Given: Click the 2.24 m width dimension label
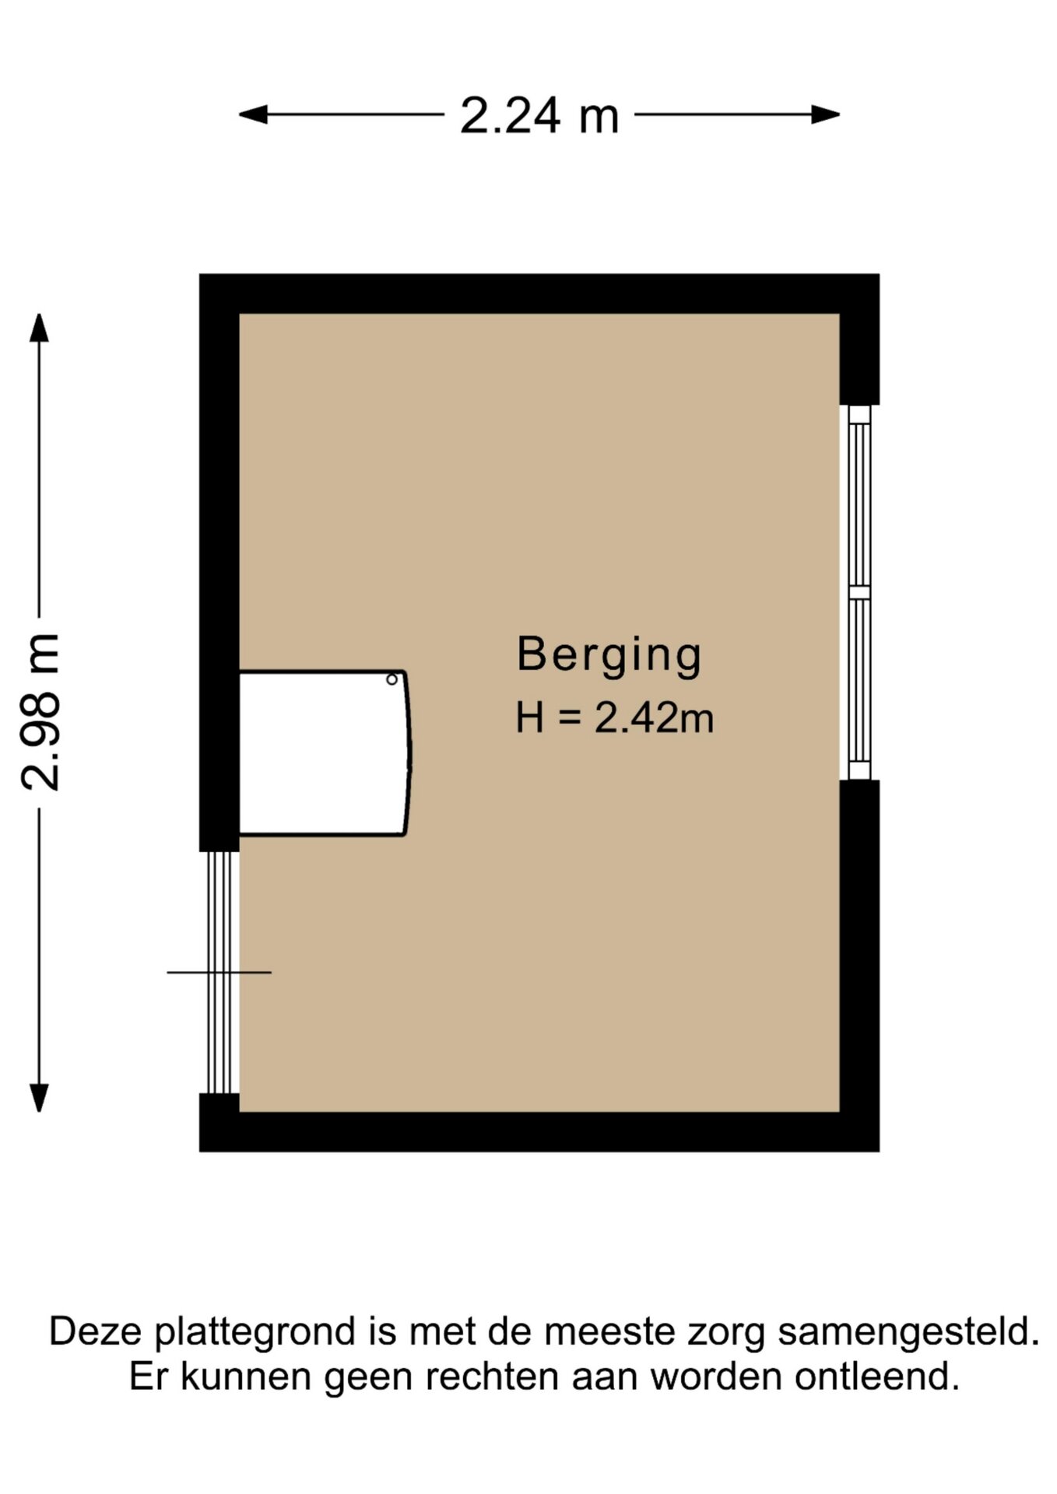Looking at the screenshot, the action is tap(539, 116).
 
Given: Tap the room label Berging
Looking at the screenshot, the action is tap(609, 655).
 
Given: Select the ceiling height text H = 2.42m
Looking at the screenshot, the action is tap(614, 717).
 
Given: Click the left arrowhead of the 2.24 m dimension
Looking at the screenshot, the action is tap(253, 115).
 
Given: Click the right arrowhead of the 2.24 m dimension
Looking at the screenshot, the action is tap(826, 115).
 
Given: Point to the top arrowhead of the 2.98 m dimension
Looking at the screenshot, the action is tap(39, 328).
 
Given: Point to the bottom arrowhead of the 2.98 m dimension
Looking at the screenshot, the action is tap(39, 1098).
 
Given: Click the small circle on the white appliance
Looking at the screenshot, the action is tap(392, 679).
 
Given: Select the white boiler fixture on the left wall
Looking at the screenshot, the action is tap(324, 753).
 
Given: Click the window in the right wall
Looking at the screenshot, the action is tap(859, 592).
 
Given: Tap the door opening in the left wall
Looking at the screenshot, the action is tap(219, 973).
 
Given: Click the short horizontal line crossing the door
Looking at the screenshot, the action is tap(219, 972).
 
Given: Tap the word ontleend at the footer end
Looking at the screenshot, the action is tap(877, 1377).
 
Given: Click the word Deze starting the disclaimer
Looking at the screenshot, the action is tap(96, 1331).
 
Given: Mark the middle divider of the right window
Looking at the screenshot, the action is tap(859, 592).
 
